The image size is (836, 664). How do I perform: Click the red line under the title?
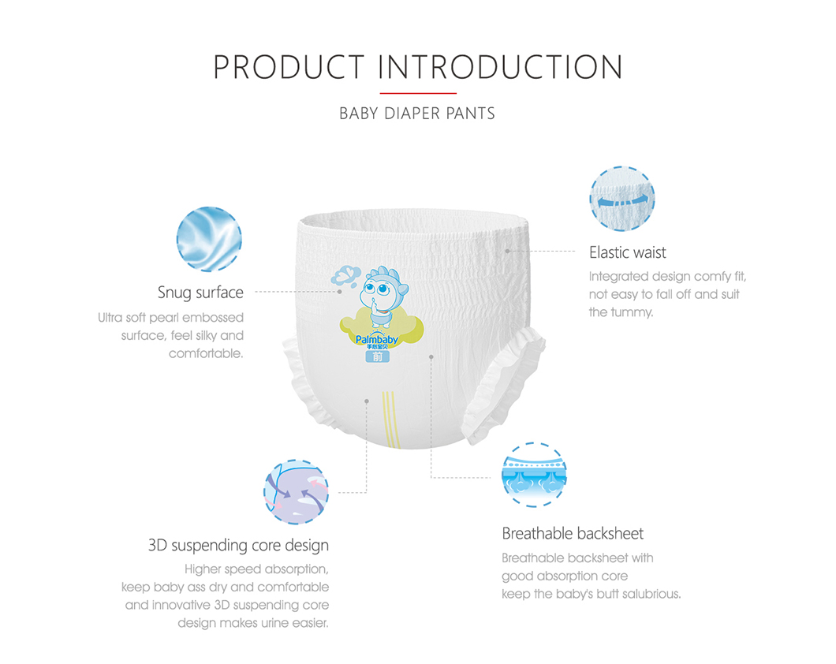(418, 93)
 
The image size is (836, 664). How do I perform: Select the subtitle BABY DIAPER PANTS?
(417, 114)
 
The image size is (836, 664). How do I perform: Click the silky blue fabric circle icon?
(209, 239)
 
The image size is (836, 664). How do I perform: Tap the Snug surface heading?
(200, 293)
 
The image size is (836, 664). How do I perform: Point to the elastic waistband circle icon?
(622, 199)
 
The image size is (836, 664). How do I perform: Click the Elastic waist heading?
(628, 252)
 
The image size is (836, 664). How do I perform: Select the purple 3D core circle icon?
(297, 492)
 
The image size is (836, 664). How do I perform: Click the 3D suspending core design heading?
(238, 546)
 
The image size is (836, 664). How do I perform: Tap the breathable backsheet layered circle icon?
(534, 474)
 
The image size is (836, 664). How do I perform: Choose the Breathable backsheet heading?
(573, 533)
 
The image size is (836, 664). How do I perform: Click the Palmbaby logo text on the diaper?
(377, 339)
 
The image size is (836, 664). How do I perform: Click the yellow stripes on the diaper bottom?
(391, 420)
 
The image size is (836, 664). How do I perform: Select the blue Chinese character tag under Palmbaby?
(378, 356)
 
